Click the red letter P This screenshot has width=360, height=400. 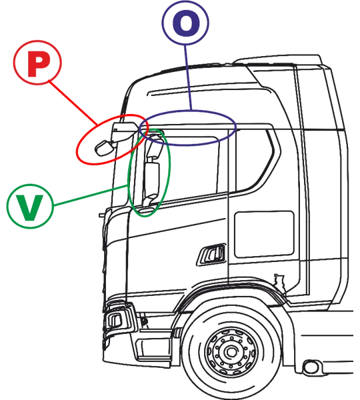(x=37, y=64)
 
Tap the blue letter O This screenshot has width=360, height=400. (x=186, y=23)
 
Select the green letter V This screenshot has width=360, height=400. (x=29, y=207)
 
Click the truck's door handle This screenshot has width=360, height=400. (x=211, y=255)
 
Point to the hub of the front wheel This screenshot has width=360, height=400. (x=231, y=352)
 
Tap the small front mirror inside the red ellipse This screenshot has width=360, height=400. (x=103, y=148)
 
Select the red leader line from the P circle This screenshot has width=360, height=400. (x=73, y=103)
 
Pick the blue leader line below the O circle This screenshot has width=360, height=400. (x=188, y=77)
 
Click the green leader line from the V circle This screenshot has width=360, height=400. (x=91, y=195)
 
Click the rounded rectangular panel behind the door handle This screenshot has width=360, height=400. (x=264, y=234)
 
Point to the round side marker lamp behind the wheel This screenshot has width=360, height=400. (x=311, y=367)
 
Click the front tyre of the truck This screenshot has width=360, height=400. (x=231, y=352)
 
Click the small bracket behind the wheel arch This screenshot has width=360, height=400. (x=279, y=280)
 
